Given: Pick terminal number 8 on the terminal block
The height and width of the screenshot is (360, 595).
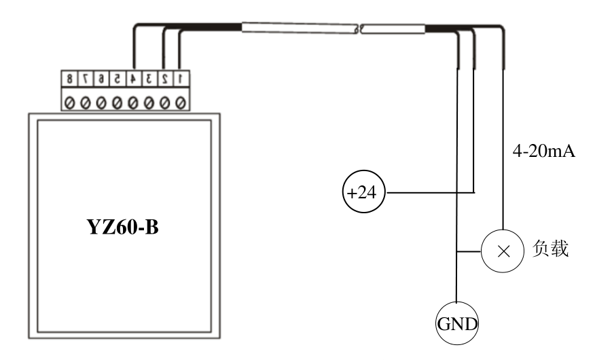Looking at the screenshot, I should [69, 79].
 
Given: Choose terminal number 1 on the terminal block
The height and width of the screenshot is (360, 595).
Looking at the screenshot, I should [180, 79].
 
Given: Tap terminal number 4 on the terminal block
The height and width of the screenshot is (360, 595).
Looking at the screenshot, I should [132, 79].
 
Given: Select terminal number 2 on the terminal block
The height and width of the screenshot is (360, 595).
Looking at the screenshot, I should [164, 79].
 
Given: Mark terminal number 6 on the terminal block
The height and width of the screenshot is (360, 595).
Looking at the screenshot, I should [101, 79].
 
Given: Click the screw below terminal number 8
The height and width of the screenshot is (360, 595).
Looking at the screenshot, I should [69, 102].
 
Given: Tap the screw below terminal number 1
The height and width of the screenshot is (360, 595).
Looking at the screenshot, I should [180, 102].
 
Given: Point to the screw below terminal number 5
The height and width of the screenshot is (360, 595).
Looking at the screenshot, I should [117, 102].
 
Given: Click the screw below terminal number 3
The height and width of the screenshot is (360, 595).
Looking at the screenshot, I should [148, 102].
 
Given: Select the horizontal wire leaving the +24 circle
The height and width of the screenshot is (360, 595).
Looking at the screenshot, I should [428, 192].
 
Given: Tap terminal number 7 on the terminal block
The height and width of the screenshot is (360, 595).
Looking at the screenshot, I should [85, 79].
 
